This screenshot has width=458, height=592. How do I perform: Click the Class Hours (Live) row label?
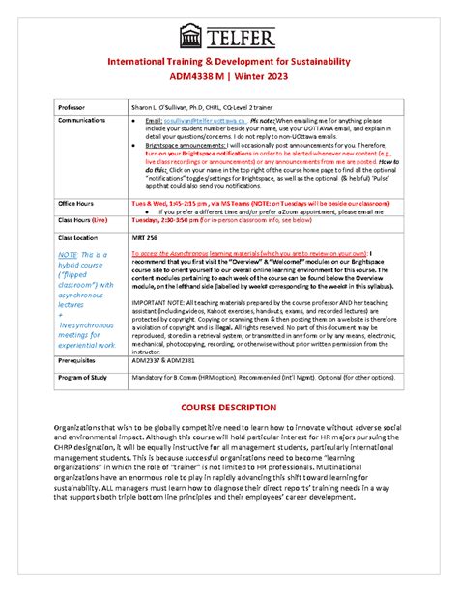click(85, 219)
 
